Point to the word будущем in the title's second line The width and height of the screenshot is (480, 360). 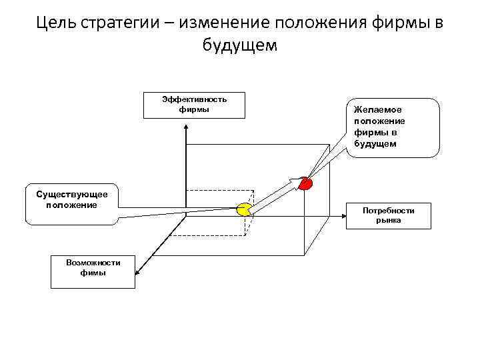point(239,45)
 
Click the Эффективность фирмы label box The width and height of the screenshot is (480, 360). point(194,105)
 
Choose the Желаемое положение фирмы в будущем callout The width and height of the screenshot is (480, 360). point(393,127)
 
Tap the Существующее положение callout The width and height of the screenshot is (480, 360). point(71,204)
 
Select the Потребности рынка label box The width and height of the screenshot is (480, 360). point(388,215)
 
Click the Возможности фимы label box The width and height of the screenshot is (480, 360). point(93,271)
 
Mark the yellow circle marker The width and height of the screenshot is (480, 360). point(244,209)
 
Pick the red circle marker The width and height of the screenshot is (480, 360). point(305,183)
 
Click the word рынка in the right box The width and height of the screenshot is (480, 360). point(388,221)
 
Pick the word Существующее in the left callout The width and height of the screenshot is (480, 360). point(71,194)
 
